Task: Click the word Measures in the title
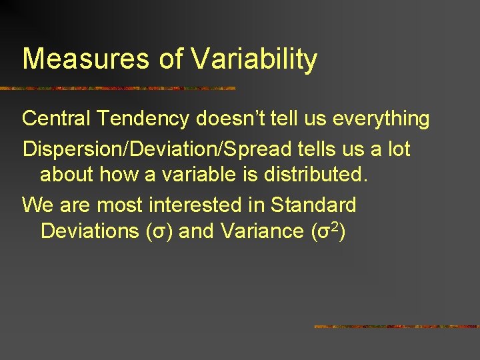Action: tap(86, 59)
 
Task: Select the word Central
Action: tap(59, 119)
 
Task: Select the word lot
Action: tap(399, 149)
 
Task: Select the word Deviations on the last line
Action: tap(87, 231)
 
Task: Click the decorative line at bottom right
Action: tap(397, 327)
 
